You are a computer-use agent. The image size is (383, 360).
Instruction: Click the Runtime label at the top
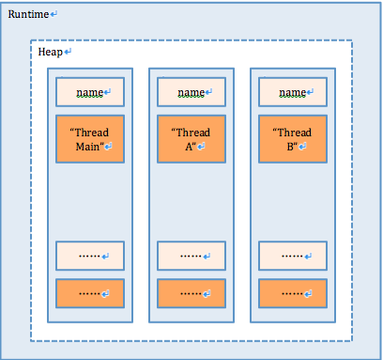[28, 14]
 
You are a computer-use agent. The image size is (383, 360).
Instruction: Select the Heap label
[50, 52]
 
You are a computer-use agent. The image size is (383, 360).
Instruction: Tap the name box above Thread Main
[89, 92]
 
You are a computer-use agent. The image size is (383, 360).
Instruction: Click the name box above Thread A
[191, 92]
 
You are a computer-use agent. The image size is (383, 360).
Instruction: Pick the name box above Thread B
[293, 92]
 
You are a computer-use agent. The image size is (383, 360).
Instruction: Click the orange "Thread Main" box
[89, 139]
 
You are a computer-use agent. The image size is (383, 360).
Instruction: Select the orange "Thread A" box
[191, 139]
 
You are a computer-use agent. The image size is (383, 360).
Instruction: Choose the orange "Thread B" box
[293, 139]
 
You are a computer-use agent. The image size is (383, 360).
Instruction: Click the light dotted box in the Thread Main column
[89, 256]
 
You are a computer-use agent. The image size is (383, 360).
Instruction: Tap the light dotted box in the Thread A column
[191, 256]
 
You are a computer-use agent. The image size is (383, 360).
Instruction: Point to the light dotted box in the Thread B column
[293, 256]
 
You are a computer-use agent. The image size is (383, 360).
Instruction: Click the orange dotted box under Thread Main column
[89, 293]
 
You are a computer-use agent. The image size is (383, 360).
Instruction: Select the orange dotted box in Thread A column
[191, 293]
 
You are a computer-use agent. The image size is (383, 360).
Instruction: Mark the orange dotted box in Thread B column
[293, 293]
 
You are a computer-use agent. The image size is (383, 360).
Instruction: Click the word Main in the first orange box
[85, 147]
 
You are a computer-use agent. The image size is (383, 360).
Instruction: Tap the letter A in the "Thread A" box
[187, 147]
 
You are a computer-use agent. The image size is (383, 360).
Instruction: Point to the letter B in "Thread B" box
[289, 147]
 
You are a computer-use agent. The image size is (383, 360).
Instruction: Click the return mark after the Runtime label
[54, 14]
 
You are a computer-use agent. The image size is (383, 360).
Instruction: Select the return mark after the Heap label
[67, 52]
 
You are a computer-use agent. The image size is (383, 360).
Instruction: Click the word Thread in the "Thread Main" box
[92, 133]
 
